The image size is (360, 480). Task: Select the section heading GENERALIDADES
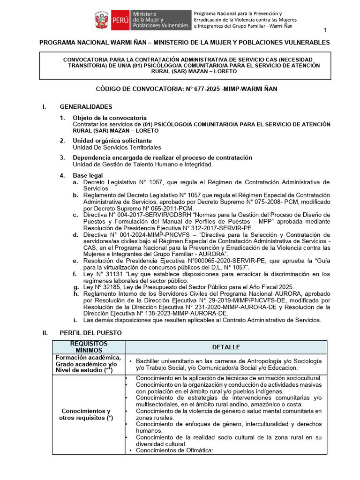(x=86, y=107)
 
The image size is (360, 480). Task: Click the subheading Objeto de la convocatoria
(x=109, y=117)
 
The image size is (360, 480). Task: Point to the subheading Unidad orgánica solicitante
(x=112, y=141)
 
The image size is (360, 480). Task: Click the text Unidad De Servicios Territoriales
(x=117, y=147)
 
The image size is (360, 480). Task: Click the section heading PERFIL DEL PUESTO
(x=90, y=332)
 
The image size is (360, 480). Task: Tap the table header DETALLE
(x=225, y=347)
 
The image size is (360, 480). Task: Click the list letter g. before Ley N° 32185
(x=75, y=287)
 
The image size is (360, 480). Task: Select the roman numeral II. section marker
(x=45, y=332)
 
